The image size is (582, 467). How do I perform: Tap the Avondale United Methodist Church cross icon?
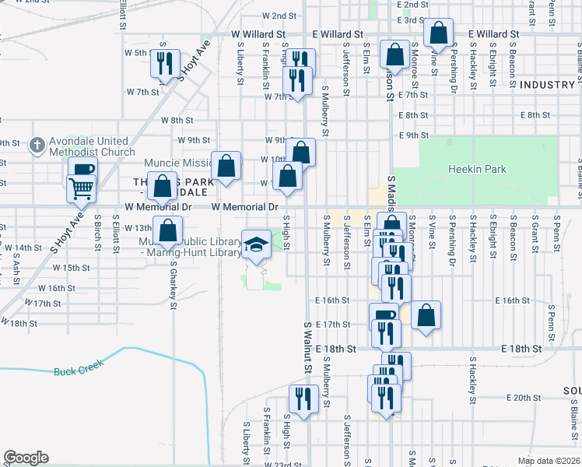(36, 145)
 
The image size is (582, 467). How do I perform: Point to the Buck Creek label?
(73, 371)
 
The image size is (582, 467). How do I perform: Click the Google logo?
(26, 458)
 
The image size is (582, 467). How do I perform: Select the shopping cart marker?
(81, 188)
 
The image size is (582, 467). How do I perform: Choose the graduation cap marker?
(256, 244)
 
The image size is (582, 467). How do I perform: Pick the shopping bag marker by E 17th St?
(426, 315)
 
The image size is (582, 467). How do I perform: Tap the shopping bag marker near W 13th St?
(168, 230)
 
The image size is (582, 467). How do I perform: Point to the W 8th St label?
(177, 120)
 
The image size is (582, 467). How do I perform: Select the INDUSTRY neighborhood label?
(546, 84)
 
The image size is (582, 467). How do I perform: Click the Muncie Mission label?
(178, 163)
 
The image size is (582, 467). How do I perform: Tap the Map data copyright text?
(549, 461)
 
